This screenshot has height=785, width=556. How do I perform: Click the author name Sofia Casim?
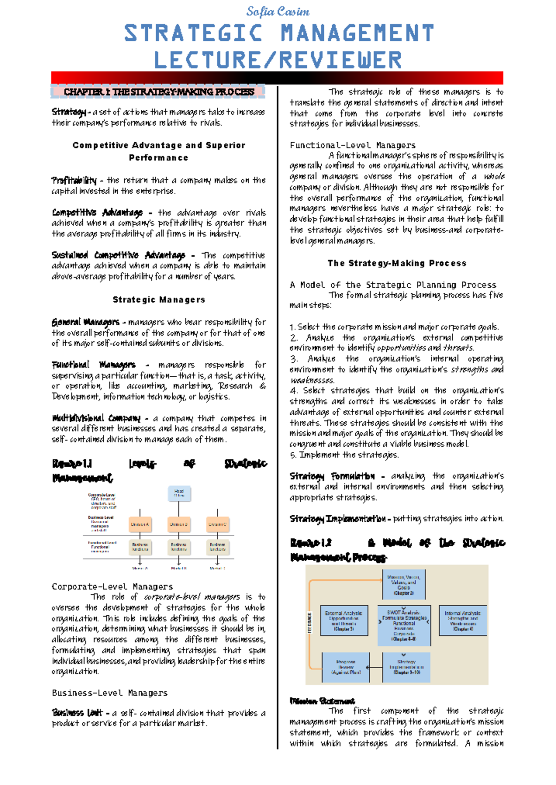click(x=278, y=11)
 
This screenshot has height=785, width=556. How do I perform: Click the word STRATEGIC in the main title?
click(x=193, y=33)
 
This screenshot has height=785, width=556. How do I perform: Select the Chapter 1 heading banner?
click(x=158, y=92)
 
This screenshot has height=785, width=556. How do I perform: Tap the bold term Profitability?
click(x=74, y=180)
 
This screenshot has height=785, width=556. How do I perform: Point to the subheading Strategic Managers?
click(x=158, y=300)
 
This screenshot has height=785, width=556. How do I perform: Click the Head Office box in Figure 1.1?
click(x=179, y=494)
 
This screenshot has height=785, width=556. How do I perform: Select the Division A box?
click(x=140, y=525)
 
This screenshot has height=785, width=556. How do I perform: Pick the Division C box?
click(x=217, y=525)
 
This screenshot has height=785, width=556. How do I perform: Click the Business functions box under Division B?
click(x=179, y=547)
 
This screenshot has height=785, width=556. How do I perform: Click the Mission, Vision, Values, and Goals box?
click(x=404, y=585)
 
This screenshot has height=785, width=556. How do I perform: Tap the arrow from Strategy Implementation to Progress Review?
click(x=376, y=667)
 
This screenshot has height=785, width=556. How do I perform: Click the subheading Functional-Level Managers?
click(x=353, y=145)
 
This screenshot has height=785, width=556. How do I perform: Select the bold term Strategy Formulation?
click(x=332, y=476)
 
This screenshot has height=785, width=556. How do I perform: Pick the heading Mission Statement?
click(x=322, y=701)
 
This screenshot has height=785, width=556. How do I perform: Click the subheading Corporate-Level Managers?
click(x=112, y=587)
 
